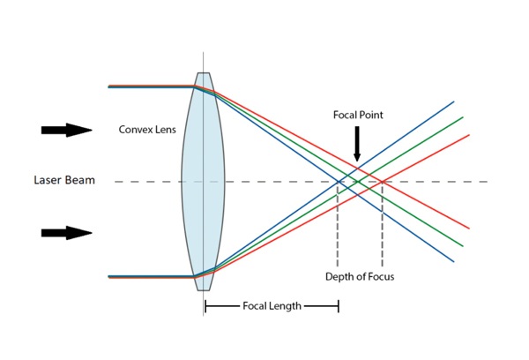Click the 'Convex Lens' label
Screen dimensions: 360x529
[x=147, y=130]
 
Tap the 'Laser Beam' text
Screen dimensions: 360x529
[x=63, y=181]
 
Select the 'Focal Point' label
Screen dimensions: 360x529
[x=357, y=115]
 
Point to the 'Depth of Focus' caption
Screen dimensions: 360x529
[x=360, y=277]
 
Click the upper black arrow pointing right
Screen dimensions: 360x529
[x=67, y=131]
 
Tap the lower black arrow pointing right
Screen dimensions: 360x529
[x=67, y=233]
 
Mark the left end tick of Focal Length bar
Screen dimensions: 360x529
[x=205, y=306]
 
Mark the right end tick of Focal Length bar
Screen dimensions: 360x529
[x=339, y=306]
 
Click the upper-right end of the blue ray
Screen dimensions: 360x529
[x=453, y=102]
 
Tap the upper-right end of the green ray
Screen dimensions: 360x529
[x=461, y=117]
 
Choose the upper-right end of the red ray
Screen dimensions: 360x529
[x=468, y=135]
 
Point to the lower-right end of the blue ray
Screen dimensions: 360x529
[x=453, y=260]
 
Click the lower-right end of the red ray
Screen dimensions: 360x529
[x=468, y=228]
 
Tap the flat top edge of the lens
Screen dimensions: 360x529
[x=204, y=73]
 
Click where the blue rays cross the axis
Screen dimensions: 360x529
[x=339, y=182]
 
